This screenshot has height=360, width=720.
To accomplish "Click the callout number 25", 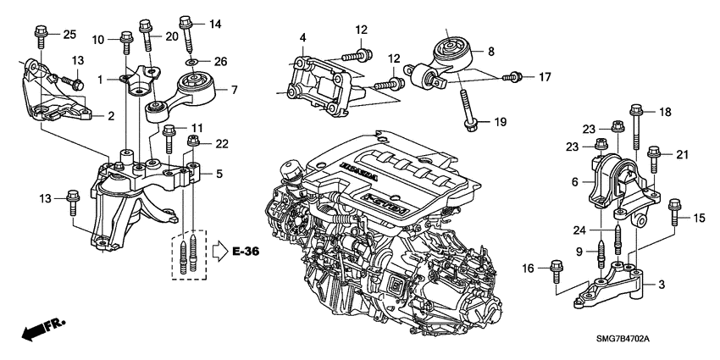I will pyautogui.click(x=69, y=33).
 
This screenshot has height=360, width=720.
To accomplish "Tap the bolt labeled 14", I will pyautogui.click(x=186, y=30).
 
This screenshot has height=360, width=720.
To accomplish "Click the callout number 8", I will pyautogui.click(x=490, y=51).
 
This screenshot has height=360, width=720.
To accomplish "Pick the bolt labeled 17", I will pyautogui.click(x=512, y=78).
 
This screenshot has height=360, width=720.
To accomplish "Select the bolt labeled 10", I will pyautogui.click(x=125, y=39).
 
